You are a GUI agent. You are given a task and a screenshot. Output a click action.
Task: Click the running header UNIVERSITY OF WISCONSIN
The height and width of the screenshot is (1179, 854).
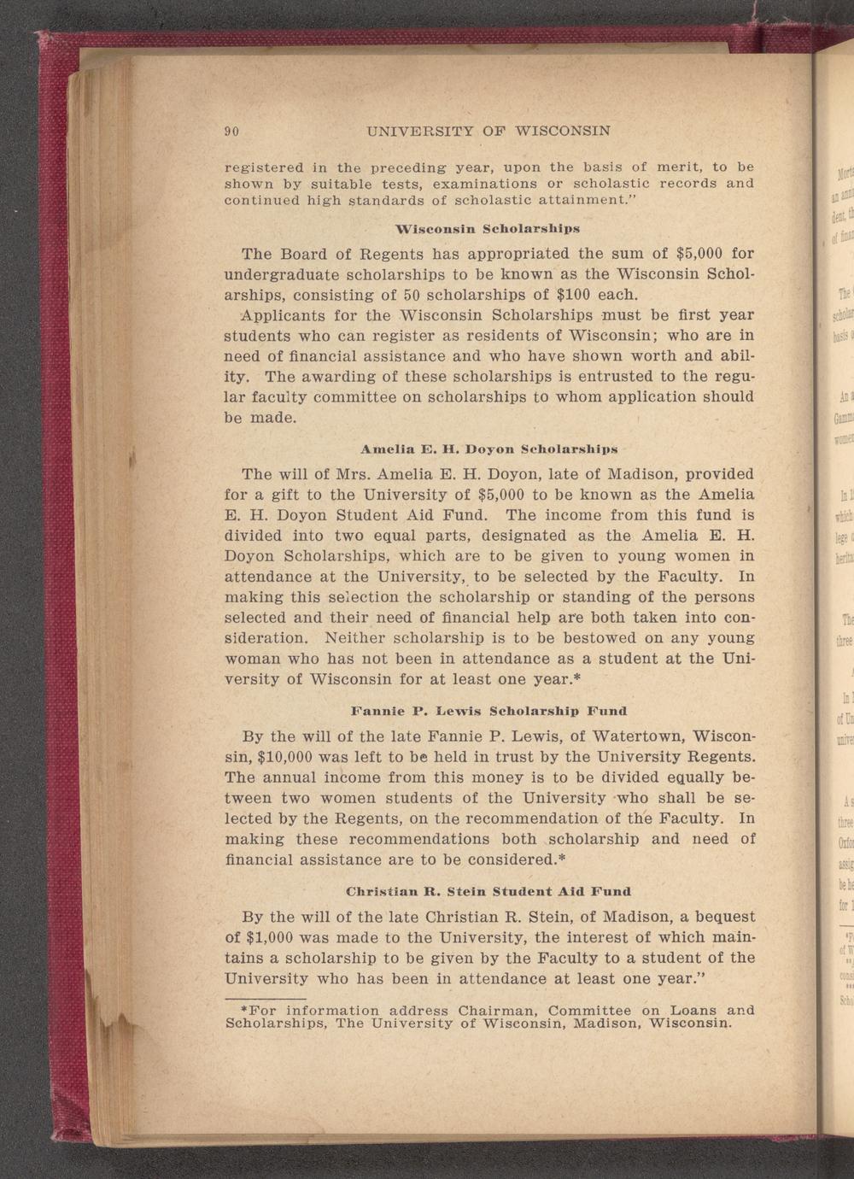pyautogui.click(x=488, y=132)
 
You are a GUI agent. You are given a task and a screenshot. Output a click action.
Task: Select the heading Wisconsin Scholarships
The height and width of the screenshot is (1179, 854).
pyautogui.click(x=488, y=229)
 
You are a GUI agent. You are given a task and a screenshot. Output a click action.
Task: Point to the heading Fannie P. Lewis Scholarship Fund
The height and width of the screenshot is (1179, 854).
pyautogui.click(x=488, y=710)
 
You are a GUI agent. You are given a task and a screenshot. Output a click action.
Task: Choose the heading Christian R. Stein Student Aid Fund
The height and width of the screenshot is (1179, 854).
pyautogui.click(x=488, y=892)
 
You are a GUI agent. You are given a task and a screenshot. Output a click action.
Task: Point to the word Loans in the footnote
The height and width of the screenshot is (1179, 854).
pyautogui.click(x=694, y=986)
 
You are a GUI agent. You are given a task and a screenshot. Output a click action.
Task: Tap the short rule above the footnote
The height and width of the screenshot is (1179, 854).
pyautogui.click(x=265, y=975)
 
